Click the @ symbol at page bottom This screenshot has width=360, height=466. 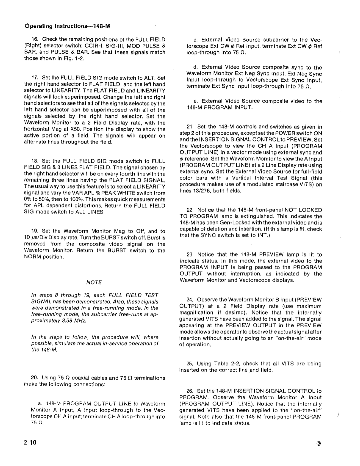pos(319,444)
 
